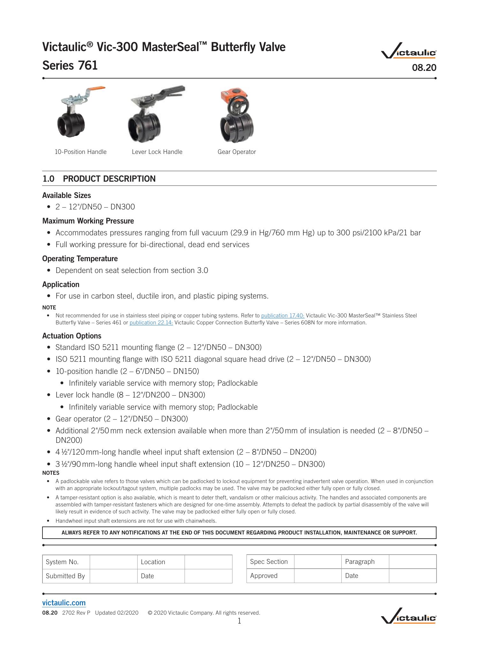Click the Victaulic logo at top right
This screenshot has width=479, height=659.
tap(409, 51)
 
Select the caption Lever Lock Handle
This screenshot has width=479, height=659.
tap(157, 152)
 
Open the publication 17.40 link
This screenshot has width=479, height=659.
tap(283, 316)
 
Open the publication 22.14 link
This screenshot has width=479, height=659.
tap(151, 323)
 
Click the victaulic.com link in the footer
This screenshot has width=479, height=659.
tap(64, 603)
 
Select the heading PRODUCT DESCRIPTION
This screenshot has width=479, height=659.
tap(109, 179)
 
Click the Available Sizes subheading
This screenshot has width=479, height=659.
tap(66, 195)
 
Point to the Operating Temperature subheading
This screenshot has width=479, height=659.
tap(80, 259)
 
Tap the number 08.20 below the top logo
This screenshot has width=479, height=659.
tap(424, 68)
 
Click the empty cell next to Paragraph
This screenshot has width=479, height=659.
tap(412, 562)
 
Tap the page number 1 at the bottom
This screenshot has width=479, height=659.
tap(239, 621)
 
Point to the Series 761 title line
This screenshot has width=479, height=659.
tap(70, 65)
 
